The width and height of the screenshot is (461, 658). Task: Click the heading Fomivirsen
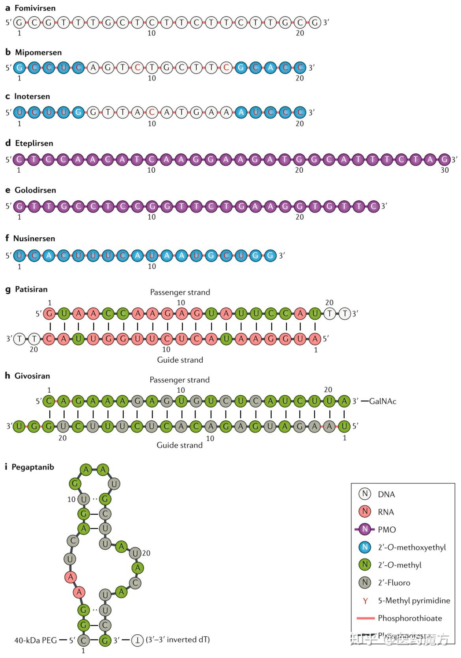tap(35, 8)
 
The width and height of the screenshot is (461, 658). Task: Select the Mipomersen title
tap(38, 52)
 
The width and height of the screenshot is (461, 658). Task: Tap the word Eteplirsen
tap(34, 143)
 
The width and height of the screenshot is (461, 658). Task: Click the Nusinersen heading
tap(34, 239)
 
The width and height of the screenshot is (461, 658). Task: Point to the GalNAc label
tap(383, 401)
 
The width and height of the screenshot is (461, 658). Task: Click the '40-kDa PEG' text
tap(35, 640)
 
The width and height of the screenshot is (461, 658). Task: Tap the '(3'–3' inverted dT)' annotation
tap(177, 639)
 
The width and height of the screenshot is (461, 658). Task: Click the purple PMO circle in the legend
tap(365, 529)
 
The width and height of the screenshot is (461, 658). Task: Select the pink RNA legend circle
tap(365, 512)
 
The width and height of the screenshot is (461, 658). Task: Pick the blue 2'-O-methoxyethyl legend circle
tap(365, 547)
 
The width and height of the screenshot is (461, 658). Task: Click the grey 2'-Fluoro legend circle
tap(365, 582)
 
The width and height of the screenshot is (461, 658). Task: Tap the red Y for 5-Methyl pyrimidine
tap(365, 601)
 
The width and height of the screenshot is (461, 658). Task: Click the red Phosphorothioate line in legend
tap(365, 618)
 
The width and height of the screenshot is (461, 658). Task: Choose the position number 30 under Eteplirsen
tap(444, 170)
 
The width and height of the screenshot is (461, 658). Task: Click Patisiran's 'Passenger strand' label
tap(180, 292)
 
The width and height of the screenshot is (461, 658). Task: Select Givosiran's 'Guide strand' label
tap(179, 445)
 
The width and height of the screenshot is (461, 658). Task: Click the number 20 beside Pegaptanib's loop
tap(146, 553)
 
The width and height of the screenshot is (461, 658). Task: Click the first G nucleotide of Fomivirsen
tap(19, 22)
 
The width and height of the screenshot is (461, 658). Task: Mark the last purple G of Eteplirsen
tap(444, 160)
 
